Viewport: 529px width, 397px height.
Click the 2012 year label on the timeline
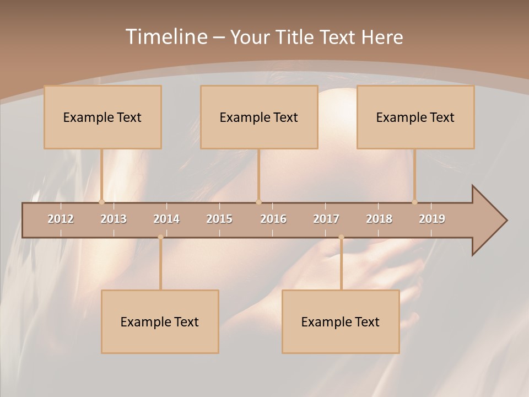pos(61,219)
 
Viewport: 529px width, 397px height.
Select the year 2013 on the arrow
pos(114,219)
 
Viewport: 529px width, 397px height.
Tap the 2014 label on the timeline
pos(166,219)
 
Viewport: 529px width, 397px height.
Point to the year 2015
pos(219,219)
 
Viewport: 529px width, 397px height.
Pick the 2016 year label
pos(273,219)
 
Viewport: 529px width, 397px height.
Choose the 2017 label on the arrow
pos(326,219)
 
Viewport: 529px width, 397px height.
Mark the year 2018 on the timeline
pos(379,219)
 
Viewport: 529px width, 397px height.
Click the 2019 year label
pos(432,219)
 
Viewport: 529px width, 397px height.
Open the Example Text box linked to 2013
pos(102,117)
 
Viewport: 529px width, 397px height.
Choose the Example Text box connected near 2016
pos(259,117)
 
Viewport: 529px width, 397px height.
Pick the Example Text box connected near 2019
pos(415,117)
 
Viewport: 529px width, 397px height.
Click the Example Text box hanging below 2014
pos(160,321)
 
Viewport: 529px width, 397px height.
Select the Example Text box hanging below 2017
pos(341,321)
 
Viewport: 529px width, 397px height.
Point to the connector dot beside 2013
pos(101,202)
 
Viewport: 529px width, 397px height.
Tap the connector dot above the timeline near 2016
pos(258,202)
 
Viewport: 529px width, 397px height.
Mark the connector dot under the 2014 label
pos(160,237)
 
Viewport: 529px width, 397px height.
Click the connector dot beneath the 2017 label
pos(341,237)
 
